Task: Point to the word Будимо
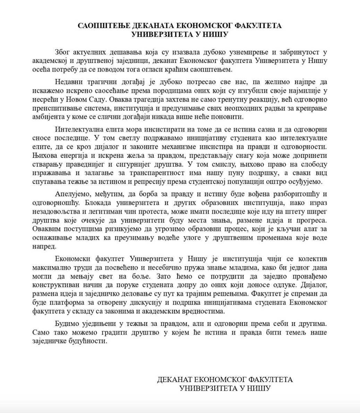coord(67,323)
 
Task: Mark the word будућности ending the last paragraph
coord(87,341)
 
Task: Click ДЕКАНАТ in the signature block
coord(173,379)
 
